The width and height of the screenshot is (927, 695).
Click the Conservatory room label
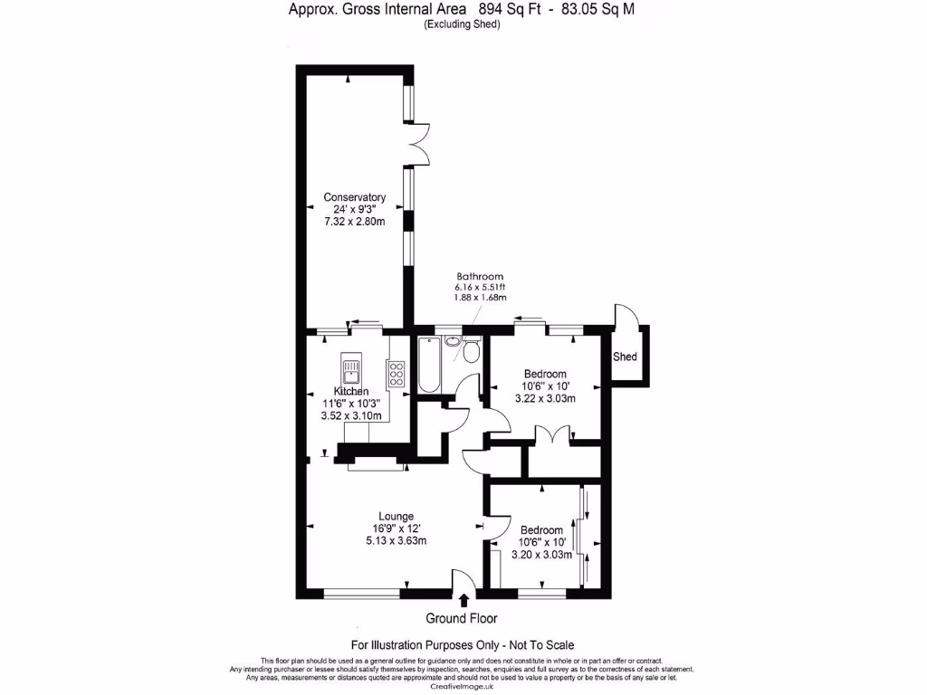click(355, 197)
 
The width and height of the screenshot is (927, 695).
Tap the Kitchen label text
click(350, 391)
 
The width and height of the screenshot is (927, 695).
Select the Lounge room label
click(397, 517)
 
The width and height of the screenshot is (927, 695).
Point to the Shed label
click(626, 357)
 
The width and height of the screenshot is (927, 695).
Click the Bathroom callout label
click(480, 277)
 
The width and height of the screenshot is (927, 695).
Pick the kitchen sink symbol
click(351, 369)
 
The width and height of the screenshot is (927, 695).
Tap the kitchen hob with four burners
click(396, 373)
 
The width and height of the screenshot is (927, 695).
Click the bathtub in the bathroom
click(428, 364)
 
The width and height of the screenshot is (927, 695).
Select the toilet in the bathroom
click(470, 351)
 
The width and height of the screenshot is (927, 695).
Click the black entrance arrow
click(464, 599)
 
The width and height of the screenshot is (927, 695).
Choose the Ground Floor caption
click(462, 618)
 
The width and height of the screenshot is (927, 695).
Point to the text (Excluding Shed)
click(462, 24)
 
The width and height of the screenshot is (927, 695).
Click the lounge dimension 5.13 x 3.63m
click(396, 541)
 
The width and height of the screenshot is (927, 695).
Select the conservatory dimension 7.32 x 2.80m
click(355, 222)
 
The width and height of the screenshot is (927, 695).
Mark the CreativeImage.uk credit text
click(463, 687)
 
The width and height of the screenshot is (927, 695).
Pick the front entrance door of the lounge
click(463, 583)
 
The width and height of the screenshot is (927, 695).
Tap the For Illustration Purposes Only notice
click(462, 645)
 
